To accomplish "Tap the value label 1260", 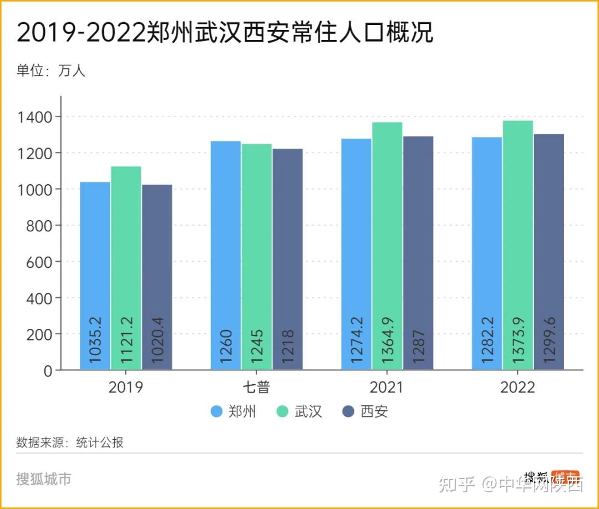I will tap(226, 347).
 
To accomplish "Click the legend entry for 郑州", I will tap(233, 412).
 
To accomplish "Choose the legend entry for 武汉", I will tap(299, 412).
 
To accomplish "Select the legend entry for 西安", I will tap(366, 412).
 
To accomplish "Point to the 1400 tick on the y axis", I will tap(37, 117).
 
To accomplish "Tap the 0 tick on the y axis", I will tap(49, 370).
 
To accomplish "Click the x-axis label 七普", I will tap(256, 387).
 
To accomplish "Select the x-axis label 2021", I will tap(387, 387).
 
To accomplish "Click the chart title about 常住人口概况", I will tap(225, 33).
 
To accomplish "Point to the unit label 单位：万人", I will tap(51, 70).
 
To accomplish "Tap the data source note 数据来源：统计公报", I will tap(70, 442).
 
